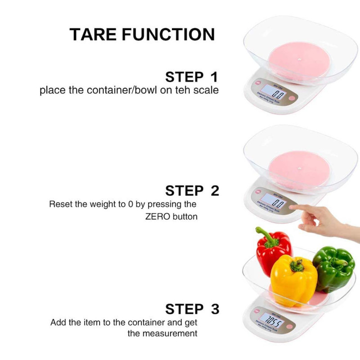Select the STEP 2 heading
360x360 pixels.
click(192, 190)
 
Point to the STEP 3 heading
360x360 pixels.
click(192, 309)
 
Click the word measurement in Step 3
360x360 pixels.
click(169, 333)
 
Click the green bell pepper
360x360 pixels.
click(334, 268)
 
